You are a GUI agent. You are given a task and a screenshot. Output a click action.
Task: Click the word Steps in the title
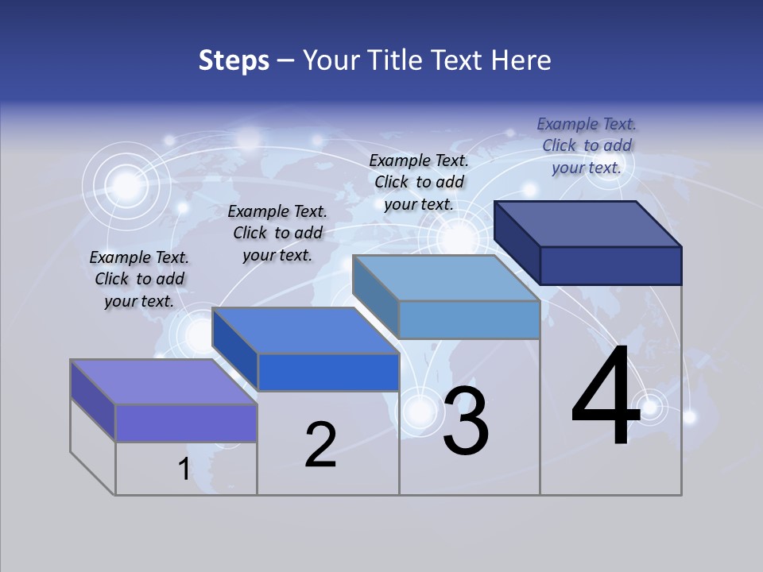pyautogui.click(x=234, y=60)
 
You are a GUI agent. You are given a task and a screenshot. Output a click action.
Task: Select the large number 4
pyautogui.click(x=606, y=397)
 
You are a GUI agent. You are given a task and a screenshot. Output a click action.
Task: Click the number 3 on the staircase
pyautogui.click(x=466, y=421)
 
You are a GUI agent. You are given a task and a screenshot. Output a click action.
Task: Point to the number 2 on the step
pyautogui.click(x=320, y=445)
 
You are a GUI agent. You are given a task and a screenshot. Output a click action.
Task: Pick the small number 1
pyautogui.click(x=184, y=470)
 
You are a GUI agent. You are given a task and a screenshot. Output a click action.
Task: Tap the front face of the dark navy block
pyautogui.click(x=610, y=265)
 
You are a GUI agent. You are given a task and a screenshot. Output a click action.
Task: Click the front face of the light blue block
pyautogui.click(x=469, y=319)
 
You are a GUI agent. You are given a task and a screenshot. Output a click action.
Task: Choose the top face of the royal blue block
pyautogui.click(x=305, y=330)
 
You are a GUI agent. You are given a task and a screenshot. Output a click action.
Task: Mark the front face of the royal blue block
pyautogui.click(x=327, y=372)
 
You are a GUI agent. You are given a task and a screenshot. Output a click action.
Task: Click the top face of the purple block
pyautogui.click(x=164, y=382)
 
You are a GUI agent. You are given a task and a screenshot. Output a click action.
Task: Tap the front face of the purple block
pyautogui.click(x=186, y=423)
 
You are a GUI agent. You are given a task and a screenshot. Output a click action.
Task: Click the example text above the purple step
pyautogui.click(x=139, y=279)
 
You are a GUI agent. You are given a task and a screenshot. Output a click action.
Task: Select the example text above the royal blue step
pyautogui.click(x=277, y=233)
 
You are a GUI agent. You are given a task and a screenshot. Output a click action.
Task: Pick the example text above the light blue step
pyautogui.click(x=419, y=182)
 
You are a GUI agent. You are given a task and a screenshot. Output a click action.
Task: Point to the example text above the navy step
pyautogui.click(x=587, y=145)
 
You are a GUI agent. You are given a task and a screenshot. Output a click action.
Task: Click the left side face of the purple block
pyautogui.click(x=93, y=400)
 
